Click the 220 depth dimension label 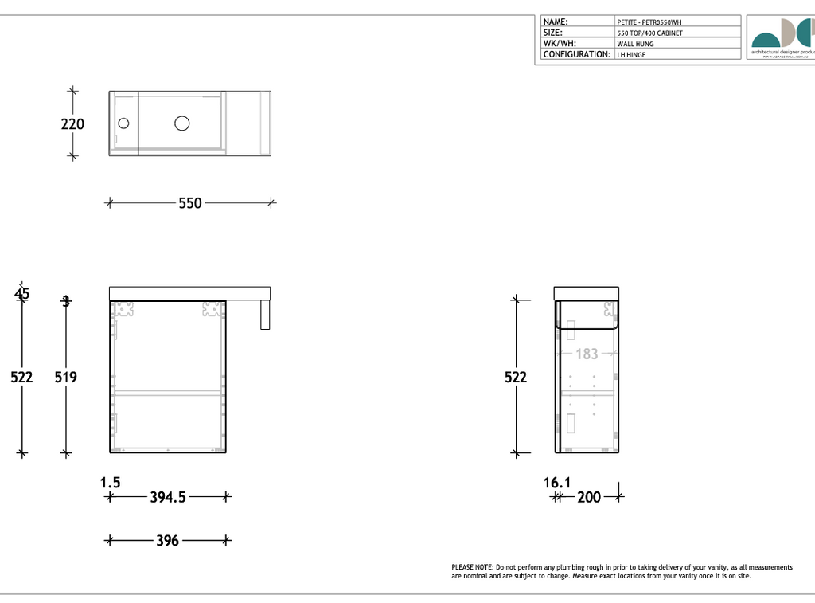pyautogui.click(x=72, y=124)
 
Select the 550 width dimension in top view pyautogui.click(x=189, y=203)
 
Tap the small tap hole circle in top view pyautogui.click(x=123, y=123)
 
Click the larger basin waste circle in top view pyautogui.click(x=182, y=123)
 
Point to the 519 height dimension pyautogui.click(x=65, y=377)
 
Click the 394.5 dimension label pyautogui.click(x=168, y=498)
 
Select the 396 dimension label pyautogui.click(x=167, y=541)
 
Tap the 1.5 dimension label pyautogui.click(x=110, y=482)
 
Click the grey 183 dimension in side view pyautogui.click(x=587, y=354)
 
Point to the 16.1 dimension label pyautogui.click(x=557, y=482)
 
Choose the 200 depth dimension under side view pyautogui.click(x=589, y=498)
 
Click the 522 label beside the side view pyautogui.click(x=516, y=377)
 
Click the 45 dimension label pyautogui.click(x=21, y=294)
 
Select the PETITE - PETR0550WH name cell pyautogui.click(x=649, y=22)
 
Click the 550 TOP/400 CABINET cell pyautogui.click(x=649, y=33)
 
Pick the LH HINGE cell pyautogui.click(x=631, y=55)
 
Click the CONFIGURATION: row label pyautogui.click(x=576, y=55)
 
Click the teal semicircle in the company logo pyautogui.click(x=766, y=41)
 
